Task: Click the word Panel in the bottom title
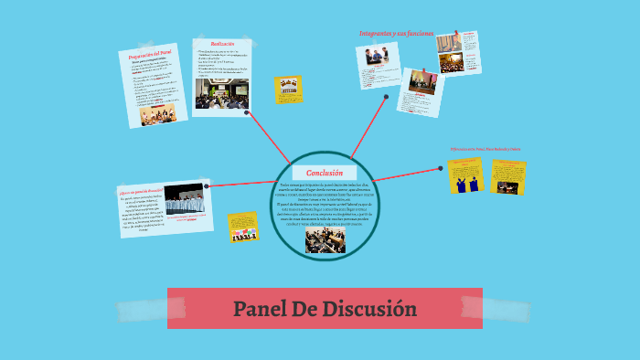259,309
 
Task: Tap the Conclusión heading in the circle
325,173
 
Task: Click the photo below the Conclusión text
325,240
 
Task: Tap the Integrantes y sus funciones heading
396,33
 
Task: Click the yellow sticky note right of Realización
288,89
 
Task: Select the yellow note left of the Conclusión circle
244,227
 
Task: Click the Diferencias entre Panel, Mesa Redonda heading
485,148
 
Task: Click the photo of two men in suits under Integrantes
378,56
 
